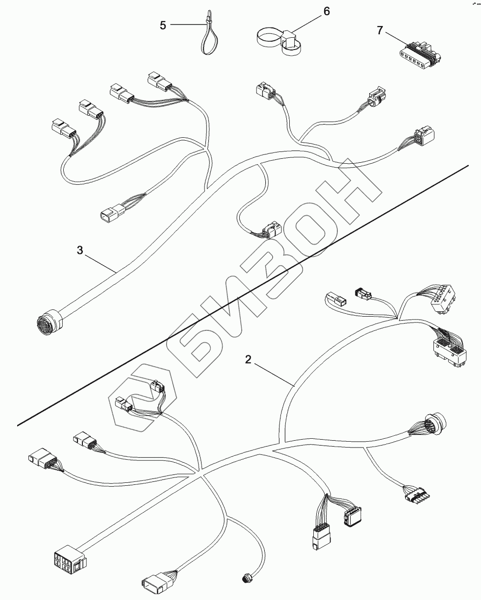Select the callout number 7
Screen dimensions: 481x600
tap(379, 30)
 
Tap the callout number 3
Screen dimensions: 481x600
tap(80, 250)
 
